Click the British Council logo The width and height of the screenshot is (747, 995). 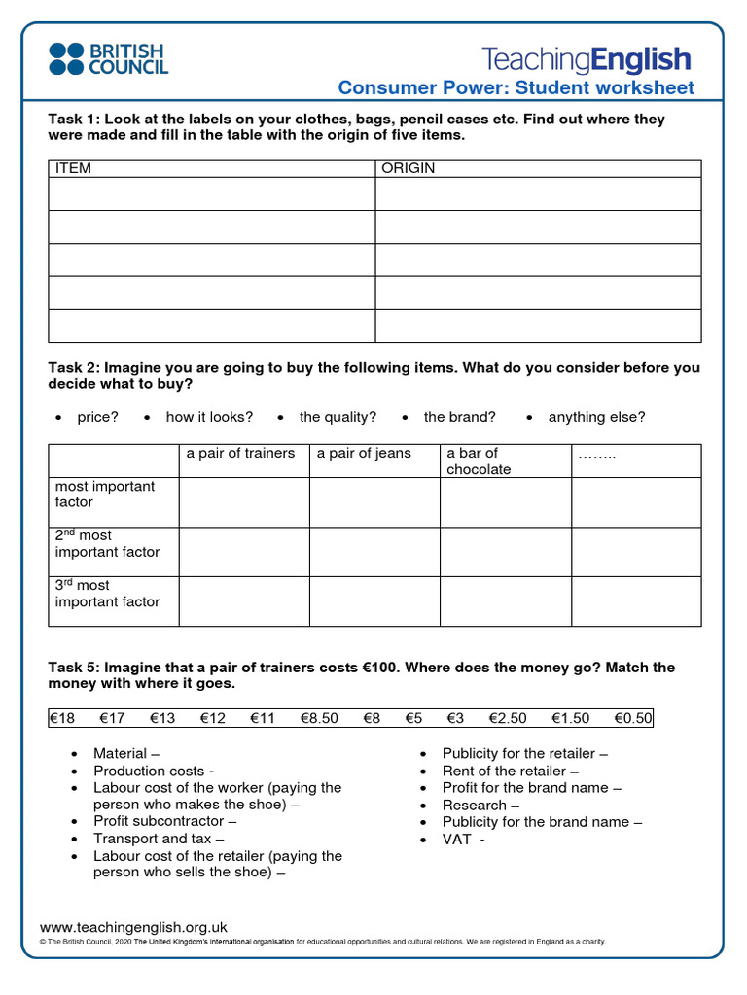coord(108,58)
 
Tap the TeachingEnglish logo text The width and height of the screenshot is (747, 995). coord(587,59)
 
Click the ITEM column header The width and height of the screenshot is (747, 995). coord(73,168)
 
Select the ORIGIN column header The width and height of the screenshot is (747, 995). coord(409,168)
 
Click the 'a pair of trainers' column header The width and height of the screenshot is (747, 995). coord(240,453)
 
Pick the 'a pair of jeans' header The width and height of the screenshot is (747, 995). coord(364,453)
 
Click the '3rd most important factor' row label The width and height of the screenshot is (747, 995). coord(107,594)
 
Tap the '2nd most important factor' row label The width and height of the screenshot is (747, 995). coord(107,543)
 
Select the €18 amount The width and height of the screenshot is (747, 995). coord(62,718)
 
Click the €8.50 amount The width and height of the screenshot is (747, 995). coord(319,718)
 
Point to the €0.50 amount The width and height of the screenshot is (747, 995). coord(633,718)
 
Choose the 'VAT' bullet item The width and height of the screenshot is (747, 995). coord(462,839)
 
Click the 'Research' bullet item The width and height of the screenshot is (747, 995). coord(480,805)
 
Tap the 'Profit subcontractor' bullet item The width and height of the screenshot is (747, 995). coord(164,821)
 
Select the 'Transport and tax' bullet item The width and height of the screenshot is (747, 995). coord(159,839)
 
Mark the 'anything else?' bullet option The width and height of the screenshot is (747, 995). coord(596,417)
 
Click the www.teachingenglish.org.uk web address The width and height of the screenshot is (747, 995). coord(133,927)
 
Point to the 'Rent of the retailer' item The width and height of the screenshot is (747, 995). coord(511,771)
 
